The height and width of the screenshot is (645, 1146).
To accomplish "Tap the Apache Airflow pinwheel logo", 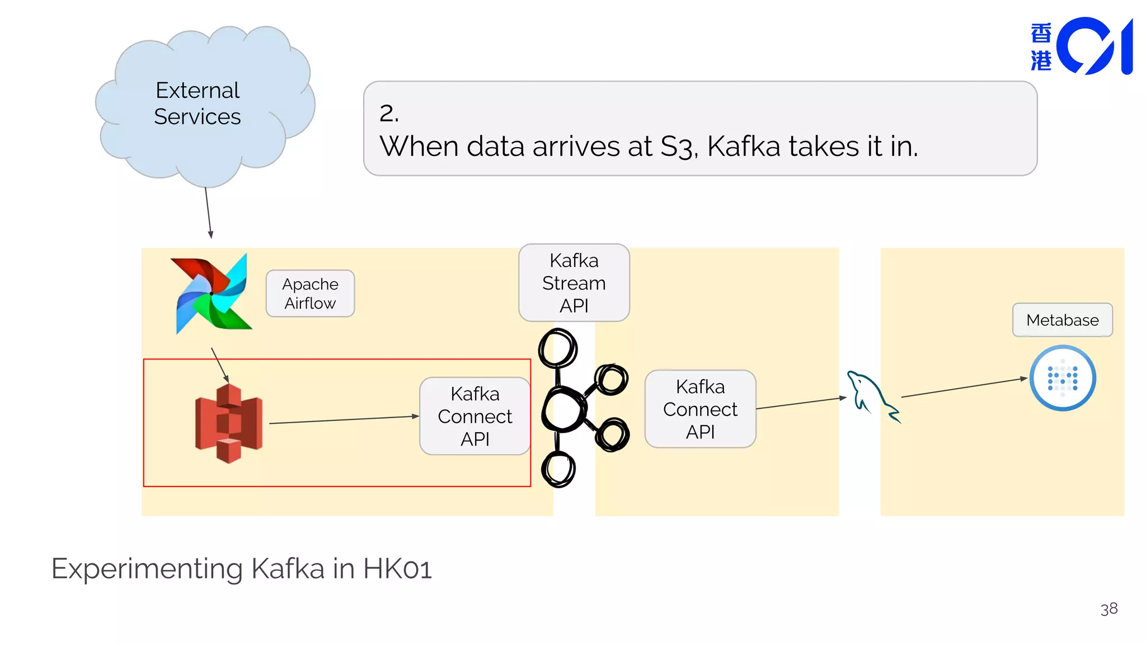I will click(x=212, y=293).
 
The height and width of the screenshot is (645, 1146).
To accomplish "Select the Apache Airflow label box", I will click(x=310, y=293).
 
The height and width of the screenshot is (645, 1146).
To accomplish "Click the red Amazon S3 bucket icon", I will click(x=228, y=424).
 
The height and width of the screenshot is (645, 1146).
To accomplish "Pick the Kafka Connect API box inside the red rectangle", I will click(x=475, y=416).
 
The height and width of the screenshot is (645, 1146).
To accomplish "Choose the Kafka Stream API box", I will click(x=574, y=283).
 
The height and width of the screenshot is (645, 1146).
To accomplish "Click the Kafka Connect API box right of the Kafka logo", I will click(x=700, y=409).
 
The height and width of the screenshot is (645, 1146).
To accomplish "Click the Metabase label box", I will click(x=1062, y=320).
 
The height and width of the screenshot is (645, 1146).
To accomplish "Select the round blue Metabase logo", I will click(x=1062, y=378).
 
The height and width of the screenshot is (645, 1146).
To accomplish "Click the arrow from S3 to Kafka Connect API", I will click(x=344, y=420).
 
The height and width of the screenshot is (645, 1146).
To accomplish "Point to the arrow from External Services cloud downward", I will click(x=208, y=213).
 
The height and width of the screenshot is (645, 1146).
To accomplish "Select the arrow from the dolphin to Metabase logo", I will click(x=964, y=388).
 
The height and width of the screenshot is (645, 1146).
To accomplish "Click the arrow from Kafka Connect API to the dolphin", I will click(x=801, y=403).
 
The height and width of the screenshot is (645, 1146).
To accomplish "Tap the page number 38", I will click(x=1109, y=609).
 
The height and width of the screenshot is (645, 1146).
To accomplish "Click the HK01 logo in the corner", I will click(x=1081, y=46).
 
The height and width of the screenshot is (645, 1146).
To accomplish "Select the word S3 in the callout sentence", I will click(x=678, y=147).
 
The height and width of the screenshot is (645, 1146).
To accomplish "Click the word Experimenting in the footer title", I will click(x=147, y=569).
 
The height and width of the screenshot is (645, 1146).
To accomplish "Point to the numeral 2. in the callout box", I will click(x=389, y=113).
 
